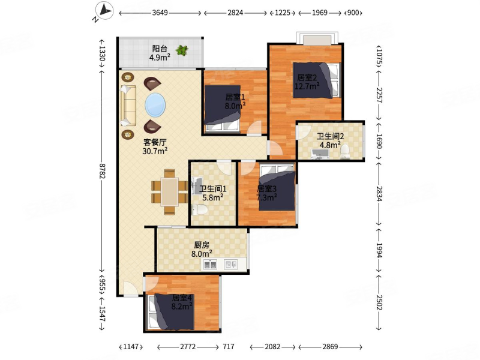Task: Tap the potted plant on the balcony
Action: pyautogui.click(x=182, y=50)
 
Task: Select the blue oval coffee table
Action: pyautogui.click(x=155, y=105)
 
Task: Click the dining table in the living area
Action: pyautogui.click(x=170, y=192)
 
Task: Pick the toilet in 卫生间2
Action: pyautogui.click(x=346, y=152)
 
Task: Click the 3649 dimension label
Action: pyautogui.click(x=160, y=13)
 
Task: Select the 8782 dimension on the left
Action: pyautogui.click(x=102, y=171)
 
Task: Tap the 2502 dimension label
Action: pyautogui.click(x=379, y=302)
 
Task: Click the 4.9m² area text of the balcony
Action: pyautogui.click(x=160, y=57)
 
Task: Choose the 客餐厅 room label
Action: pyautogui.click(x=155, y=142)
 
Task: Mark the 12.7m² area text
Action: pyautogui.click(x=307, y=86)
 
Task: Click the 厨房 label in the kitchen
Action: pyautogui.click(x=202, y=245)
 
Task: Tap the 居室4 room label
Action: pyautogui.click(x=182, y=298)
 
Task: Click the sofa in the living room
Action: pyautogui.click(x=128, y=106)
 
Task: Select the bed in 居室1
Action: pyautogui.click(x=222, y=109)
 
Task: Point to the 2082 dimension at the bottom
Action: pyautogui.click(x=272, y=347)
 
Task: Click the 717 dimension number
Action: pyautogui.click(x=229, y=347)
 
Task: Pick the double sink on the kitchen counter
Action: pyautogui.click(x=210, y=264)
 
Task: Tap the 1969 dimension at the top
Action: pyautogui.click(x=320, y=13)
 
